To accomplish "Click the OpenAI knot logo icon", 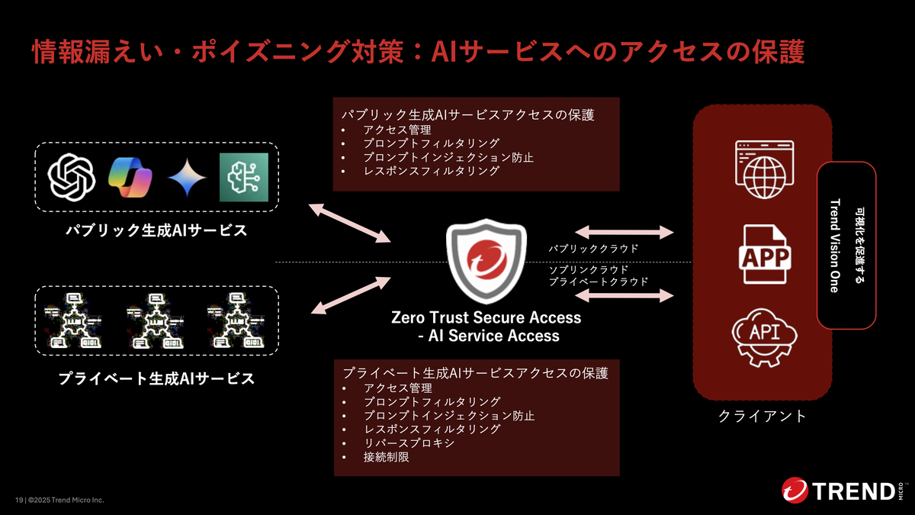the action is tap(72, 177).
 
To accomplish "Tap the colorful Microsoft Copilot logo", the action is tap(130, 177).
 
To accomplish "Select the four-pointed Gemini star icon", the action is tap(187, 177).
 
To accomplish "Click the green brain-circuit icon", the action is tap(244, 177).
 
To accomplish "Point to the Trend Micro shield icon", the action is tap(486, 262).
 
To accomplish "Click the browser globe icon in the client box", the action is tap(765, 169).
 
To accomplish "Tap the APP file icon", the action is tap(765, 254).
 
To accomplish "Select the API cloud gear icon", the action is tap(765, 338).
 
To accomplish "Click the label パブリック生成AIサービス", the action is tap(156, 230).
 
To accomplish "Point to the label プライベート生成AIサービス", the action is tap(156, 378).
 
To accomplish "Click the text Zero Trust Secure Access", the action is tap(486, 317).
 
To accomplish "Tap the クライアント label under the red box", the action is tap(762, 416).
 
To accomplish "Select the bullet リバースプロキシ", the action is tap(409, 443).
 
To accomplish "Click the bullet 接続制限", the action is tap(386, 457).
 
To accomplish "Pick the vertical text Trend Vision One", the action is tap(835, 246).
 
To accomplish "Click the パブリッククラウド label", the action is tap(593, 249).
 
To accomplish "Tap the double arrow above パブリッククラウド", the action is tap(624, 232).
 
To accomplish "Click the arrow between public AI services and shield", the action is tap(350, 223).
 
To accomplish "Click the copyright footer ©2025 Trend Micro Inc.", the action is tap(66, 500).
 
